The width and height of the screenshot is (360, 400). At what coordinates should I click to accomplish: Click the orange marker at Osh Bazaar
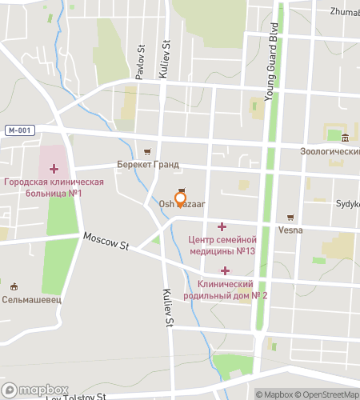(x=180, y=198)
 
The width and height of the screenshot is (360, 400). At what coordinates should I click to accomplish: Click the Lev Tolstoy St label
(x=76, y=396)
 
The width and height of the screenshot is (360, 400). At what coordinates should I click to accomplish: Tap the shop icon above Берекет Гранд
(x=146, y=151)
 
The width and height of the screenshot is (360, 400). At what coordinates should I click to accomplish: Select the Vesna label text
(x=290, y=229)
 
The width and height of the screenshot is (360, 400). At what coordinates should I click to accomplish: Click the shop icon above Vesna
(x=290, y=217)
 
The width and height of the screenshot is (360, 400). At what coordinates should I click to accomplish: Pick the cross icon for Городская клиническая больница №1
(x=54, y=169)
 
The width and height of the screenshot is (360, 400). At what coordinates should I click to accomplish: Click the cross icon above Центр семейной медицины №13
(x=222, y=226)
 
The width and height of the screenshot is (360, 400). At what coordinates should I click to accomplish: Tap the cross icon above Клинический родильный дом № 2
(x=225, y=271)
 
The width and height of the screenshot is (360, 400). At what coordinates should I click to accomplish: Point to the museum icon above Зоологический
(x=344, y=138)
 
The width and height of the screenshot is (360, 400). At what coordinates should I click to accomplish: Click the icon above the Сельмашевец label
(x=14, y=286)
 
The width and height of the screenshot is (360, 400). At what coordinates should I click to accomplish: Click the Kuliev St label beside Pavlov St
(x=168, y=52)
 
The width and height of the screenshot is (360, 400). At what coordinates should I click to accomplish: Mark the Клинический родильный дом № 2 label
(x=232, y=290)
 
